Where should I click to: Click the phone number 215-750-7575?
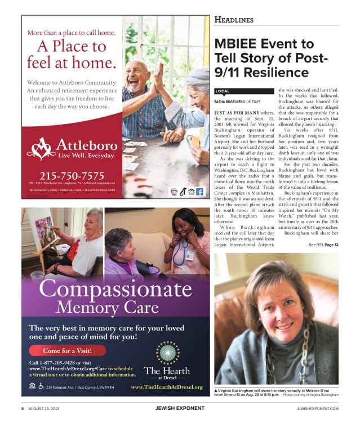pos(72,175)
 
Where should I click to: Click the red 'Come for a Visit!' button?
pos(66,350)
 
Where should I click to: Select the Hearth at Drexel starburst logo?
pos(167,353)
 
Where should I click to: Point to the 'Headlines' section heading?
pos(234,20)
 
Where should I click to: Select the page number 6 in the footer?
pos(23,408)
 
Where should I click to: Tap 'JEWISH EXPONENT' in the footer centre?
pos(180,408)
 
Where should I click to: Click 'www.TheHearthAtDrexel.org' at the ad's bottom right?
pos(166,387)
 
